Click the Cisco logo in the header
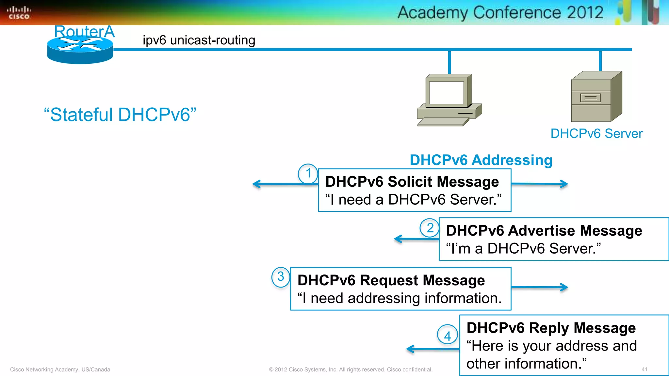19,13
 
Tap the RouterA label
84,31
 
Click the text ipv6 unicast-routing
199,40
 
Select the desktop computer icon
449,100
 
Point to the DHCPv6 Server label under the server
596,133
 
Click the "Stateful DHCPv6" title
120,115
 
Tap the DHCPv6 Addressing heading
481,160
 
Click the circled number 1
308,173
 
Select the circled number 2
430,228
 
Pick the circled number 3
281,277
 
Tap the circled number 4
447,335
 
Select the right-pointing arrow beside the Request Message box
540,287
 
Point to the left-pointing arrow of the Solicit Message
284,184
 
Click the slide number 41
644,369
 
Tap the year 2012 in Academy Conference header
585,13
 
